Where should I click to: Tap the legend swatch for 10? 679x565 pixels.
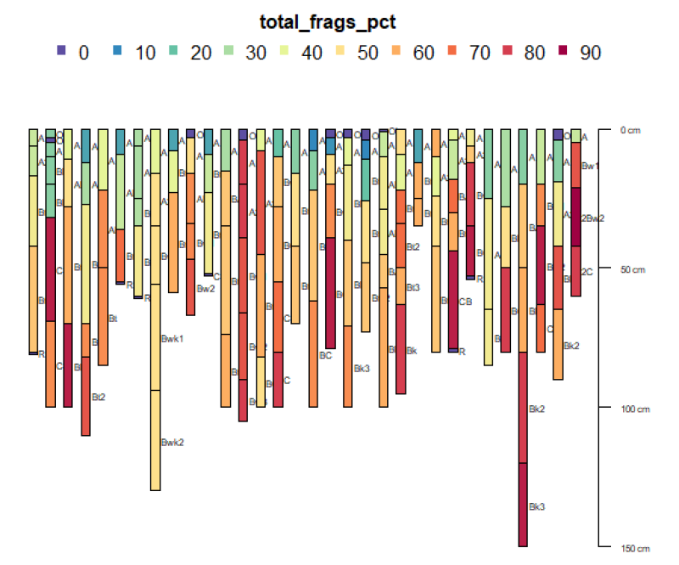pos(117,53)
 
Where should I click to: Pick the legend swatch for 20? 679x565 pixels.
pos(173,53)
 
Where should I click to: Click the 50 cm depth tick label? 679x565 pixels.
pos(632,269)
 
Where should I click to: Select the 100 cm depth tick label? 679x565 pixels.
pos(634,409)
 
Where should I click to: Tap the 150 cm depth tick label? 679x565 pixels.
pos(634,548)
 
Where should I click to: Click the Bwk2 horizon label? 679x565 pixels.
pos(172,442)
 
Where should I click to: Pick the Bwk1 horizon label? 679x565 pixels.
pos(172,339)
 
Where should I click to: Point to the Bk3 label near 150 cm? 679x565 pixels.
pos(536,506)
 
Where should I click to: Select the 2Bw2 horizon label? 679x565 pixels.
pos(592,218)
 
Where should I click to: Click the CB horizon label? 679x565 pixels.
pos(465,302)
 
